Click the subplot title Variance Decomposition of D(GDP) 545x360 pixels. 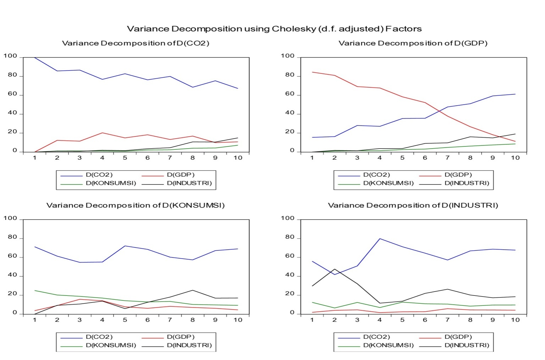coord(413,43)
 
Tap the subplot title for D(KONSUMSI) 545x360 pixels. coord(135,205)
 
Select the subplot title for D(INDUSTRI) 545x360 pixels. coord(413,205)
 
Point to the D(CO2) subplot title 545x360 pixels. coord(135,43)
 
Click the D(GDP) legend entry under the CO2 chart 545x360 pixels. coord(181,175)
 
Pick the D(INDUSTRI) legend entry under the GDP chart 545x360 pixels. coord(467,183)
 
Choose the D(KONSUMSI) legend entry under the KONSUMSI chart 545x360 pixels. coord(111,345)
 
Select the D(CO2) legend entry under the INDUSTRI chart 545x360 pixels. coord(376,337)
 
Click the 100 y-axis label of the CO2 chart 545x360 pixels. coord(10,56)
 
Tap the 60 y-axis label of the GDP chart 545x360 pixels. coord(290,94)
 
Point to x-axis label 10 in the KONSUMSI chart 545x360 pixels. coord(238,320)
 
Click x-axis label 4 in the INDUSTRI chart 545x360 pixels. coord(380,320)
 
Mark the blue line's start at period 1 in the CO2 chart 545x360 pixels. coord(35,57)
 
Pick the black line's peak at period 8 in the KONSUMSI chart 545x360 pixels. coord(193,290)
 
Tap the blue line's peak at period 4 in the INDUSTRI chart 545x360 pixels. coord(380,239)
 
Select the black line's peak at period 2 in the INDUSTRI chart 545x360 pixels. coord(335,269)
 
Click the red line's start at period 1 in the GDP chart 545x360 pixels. coord(312,72)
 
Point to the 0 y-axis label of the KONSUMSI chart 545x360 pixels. coord(15,313)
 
